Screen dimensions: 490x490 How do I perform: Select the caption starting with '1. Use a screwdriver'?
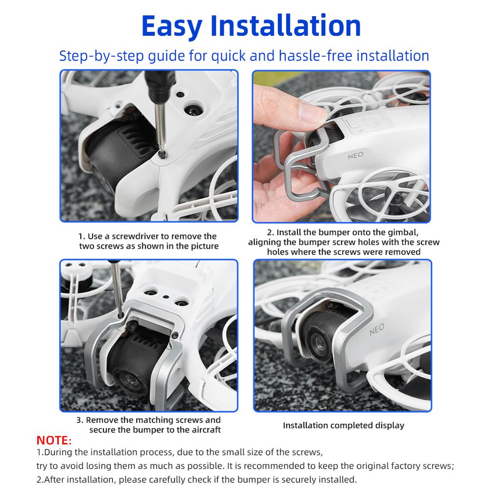[x=148, y=241]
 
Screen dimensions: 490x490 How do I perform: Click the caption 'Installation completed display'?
[x=343, y=425]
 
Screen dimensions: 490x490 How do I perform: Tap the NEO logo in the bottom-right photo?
[x=376, y=329]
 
